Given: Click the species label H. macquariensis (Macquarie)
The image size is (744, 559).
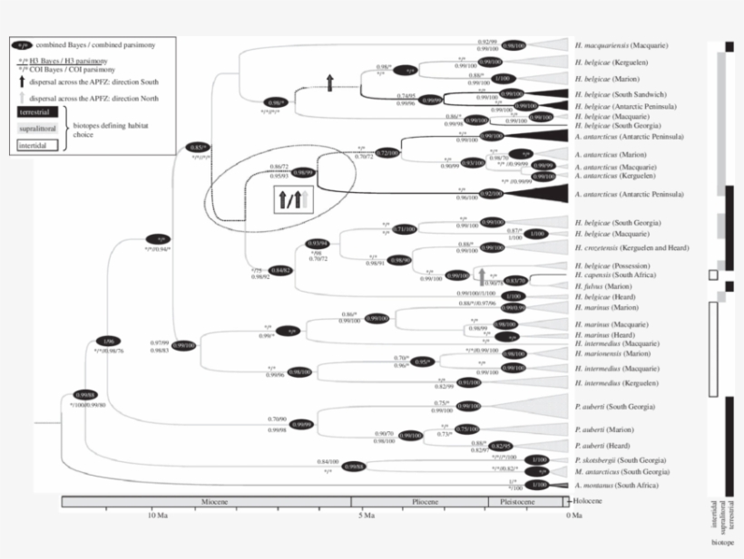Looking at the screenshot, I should (627, 44).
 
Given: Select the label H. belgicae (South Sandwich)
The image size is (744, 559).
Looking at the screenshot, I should (622, 94).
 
